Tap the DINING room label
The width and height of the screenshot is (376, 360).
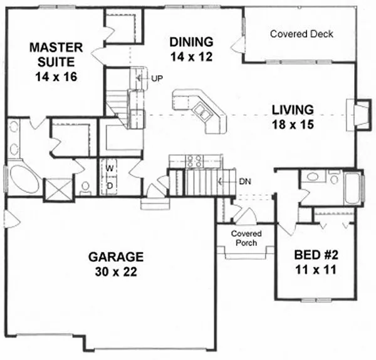pyautogui.click(x=192, y=42)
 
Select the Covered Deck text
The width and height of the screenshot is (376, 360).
pyautogui.click(x=301, y=34)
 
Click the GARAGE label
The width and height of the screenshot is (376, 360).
pyautogui.click(x=116, y=257)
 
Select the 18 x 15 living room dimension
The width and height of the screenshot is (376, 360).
pyautogui.click(x=292, y=124)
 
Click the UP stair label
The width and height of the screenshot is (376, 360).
pyautogui.click(x=157, y=78)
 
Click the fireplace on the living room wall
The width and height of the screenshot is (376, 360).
pyautogui.click(x=360, y=113)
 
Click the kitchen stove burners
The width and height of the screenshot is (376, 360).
pyautogui.click(x=194, y=161)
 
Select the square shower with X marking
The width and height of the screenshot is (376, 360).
pyautogui.click(x=57, y=187)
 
